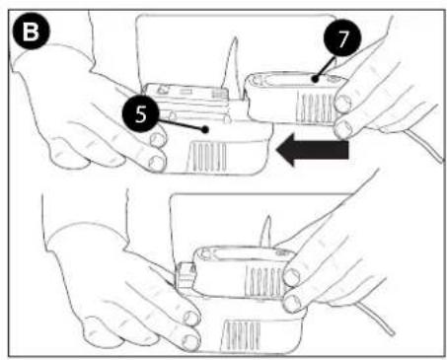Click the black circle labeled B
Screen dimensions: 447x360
pos(32,32)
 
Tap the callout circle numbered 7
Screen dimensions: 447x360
pos(342,38)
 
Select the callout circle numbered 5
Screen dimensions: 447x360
pos(141,114)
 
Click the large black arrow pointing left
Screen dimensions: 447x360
pos(313,150)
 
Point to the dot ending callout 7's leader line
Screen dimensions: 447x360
pos(316,79)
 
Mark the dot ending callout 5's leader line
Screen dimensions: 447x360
pos(205,129)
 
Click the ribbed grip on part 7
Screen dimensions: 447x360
pos(314,106)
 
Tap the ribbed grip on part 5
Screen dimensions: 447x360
pos(207,157)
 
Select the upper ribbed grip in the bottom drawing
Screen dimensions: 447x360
pos(263,282)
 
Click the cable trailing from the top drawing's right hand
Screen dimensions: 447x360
pos(424,145)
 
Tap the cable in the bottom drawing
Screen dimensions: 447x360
pos(375,319)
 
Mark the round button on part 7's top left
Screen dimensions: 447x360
pos(259,79)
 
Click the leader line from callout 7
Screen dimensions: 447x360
pos(326,68)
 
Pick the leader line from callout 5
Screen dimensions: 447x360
pos(181,125)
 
